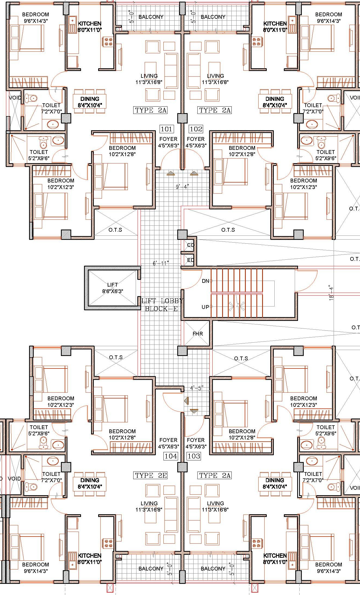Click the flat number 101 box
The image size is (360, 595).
[x=166, y=129]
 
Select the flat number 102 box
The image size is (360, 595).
[x=196, y=129]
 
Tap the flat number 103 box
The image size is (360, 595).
[x=194, y=456]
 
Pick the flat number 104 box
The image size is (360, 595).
[x=171, y=456]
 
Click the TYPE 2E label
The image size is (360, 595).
[x=151, y=475]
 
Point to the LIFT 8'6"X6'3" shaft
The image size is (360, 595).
[x=113, y=288]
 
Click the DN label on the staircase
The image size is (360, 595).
[x=205, y=281]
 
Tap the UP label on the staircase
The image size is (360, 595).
[x=205, y=307]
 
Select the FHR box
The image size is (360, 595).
[x=197, y=334]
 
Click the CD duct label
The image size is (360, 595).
[x=191, y=245]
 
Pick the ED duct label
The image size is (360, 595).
[x=191, y=260]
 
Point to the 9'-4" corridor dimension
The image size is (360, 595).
[x=182, y=187]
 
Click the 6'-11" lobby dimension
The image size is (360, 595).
[x=161, y=263]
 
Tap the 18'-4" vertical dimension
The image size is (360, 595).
[x=331, y=292]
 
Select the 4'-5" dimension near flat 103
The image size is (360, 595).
[x=197, y=388]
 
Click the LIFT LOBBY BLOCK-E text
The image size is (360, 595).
[x=162, y=305]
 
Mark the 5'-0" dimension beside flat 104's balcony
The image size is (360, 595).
[x=170, y=570]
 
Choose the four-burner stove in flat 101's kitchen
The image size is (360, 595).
[x=108, y=42]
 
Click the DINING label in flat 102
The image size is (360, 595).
[x=275, y=99]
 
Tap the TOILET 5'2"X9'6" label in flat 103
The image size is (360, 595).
[x=325, y=430]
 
